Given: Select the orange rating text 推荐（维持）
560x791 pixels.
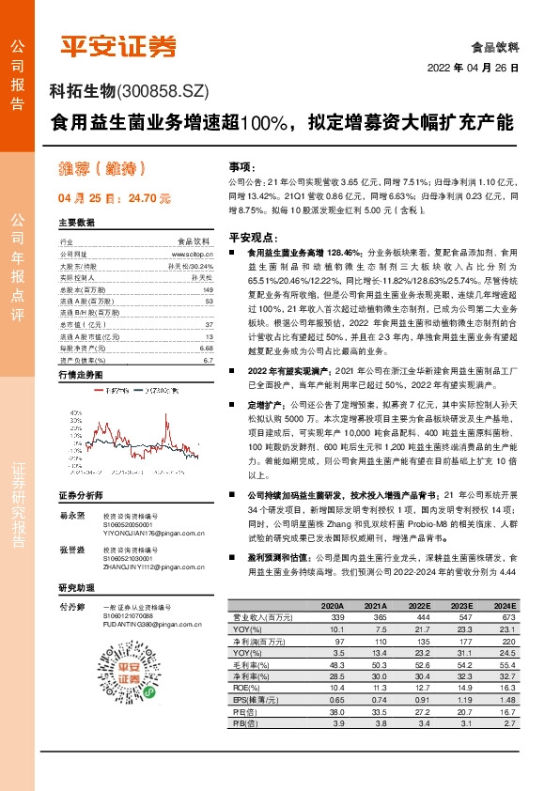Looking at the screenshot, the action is (x=103, y=169).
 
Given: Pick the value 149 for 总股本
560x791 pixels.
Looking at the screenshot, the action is (x=209, y=290).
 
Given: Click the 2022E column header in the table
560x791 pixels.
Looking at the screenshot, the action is (x=419, y=606).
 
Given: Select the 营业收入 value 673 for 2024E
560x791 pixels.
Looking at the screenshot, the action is (x=508, y=616).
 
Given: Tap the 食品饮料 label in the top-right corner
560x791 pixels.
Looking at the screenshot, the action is (x=495, y=45).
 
